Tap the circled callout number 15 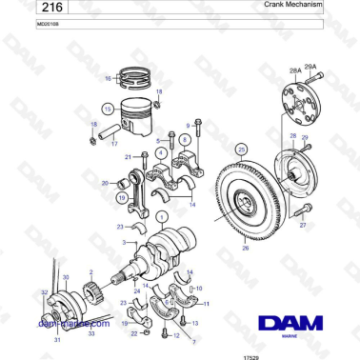[x=108, y=109]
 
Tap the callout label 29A [x=310, y=68]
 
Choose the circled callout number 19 [x=123, y=197]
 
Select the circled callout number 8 [x=185, y=139]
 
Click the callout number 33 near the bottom [x=90, y=334]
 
